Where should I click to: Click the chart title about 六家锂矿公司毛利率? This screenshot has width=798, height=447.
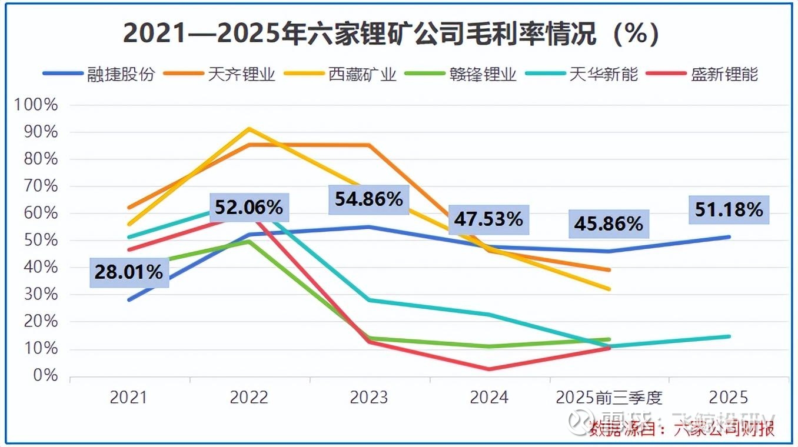(x=391, y=34)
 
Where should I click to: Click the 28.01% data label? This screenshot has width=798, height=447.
(x=129, y=272)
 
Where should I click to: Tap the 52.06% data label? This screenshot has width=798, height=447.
(x=248, y=207)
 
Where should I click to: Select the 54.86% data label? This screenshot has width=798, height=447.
(x=369, y=199)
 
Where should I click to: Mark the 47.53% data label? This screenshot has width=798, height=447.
(x=488, y=219)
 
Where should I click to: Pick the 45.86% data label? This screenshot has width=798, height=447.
(x=609, y=224)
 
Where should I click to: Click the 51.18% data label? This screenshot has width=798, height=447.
(x=729, y=210)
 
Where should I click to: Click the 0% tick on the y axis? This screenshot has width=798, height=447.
(x=44, y=376)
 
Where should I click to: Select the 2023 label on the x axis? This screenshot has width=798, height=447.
(x=369, y=398)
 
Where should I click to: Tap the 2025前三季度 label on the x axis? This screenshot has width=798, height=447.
(x=609, y=398)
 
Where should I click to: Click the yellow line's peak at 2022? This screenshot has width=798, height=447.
(x=250, y=128)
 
